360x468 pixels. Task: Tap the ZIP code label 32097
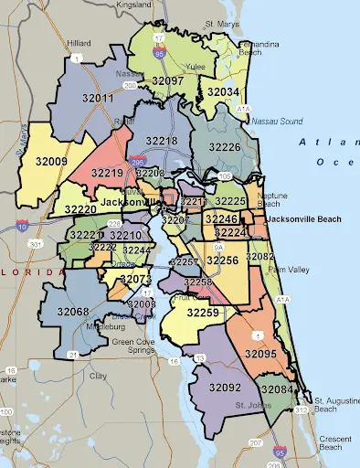coord(167,80)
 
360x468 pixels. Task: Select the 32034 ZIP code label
coord(223,92)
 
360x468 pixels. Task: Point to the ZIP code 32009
coord(51,161)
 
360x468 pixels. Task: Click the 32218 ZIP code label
coord(161,141)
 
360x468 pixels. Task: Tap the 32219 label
coord(107,172)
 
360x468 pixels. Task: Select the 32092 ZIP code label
coord(225,388)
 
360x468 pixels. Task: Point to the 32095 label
coord(261,353)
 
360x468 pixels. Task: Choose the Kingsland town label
coord(133,5)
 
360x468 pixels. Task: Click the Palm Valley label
coord(287,270)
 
